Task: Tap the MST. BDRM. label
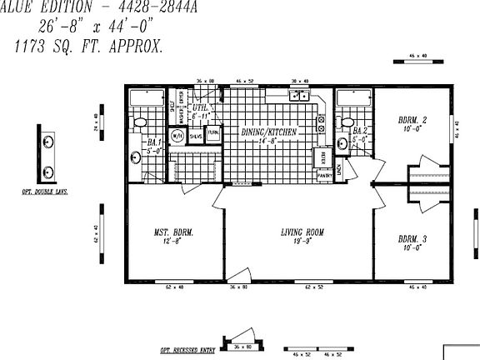(173, 237)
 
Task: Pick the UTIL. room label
(200, 111)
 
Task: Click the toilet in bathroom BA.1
(142, 122)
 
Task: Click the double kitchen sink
(298, 96)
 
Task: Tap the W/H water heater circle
(177, 136)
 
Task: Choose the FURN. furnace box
(213, 133)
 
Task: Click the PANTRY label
(324, 176)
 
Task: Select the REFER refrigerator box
(322, 157)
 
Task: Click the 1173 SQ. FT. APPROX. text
(88, 48)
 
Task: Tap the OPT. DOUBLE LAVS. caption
(45, 192)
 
